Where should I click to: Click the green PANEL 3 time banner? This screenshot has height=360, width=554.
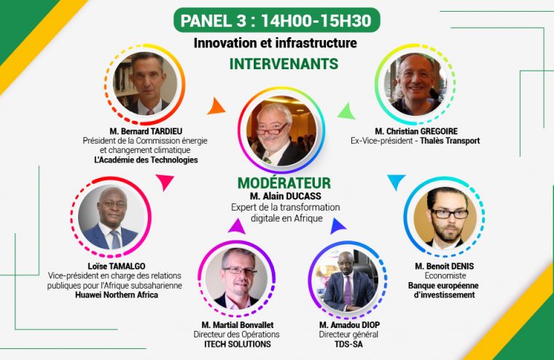click(277, 20)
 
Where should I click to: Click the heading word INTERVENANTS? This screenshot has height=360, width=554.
click(284, 64)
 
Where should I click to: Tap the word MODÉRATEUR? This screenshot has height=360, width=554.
click(284, 183)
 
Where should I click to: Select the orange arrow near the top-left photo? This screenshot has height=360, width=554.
click(216, 106)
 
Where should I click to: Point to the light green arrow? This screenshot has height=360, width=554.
click(347, 111)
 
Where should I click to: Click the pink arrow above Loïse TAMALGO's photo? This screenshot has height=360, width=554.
click(164, 181)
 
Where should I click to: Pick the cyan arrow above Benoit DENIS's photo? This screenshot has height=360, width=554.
click(396, 181)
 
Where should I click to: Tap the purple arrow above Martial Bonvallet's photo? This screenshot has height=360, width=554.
click(237, 227)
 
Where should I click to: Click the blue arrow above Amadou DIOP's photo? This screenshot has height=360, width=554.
click(337, 227)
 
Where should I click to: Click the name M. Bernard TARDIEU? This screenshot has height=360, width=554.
click(146, 131)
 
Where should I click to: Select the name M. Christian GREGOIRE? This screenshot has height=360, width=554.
click(416, 131)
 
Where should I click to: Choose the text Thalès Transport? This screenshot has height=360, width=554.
click(450, 141)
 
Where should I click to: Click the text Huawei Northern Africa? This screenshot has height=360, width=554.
click(117, 294)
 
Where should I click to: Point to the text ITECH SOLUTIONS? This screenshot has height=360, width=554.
click(238, 344)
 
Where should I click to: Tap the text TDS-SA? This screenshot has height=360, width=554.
click(348, 344)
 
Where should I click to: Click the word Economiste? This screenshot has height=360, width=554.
click(445, 275)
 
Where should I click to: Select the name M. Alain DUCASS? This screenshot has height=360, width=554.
click(286, 196)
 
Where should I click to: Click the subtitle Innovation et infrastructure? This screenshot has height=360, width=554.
click(276, 43)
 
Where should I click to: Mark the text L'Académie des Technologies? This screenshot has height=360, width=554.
click(146, 160)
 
